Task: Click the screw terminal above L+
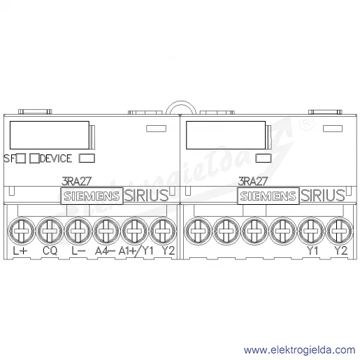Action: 22,231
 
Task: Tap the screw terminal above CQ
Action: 50,231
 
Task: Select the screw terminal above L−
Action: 78,231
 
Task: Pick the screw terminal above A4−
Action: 106,231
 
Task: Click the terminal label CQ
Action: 50,251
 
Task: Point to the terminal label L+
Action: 20,251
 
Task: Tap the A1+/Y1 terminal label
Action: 136,251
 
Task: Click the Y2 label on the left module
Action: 168,251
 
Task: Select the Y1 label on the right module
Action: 312,251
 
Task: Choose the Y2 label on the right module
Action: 341,251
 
